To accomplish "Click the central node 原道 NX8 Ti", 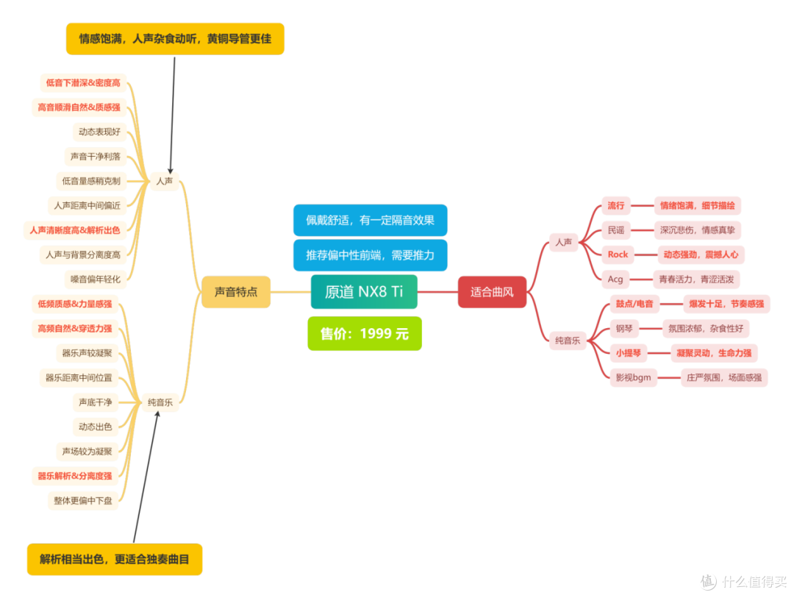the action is click(x=364, y=292).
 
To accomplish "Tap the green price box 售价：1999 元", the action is click(x=365, y=333).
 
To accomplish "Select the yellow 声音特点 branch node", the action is click(x=236, y=292).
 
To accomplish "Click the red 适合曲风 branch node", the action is click(x=492, y=292).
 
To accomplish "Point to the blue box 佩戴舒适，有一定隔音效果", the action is click(x=370, y=221).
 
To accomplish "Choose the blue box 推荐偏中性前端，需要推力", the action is click(x=370, y=255).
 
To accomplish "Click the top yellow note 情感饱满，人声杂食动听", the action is click(x=175, y=38).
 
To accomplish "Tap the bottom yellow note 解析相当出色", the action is click(x=115, y=560).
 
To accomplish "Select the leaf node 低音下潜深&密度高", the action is click(x=83, y=82).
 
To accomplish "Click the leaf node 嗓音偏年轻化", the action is click(x=95, y=280).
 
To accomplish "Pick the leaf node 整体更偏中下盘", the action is click(x=83, y=501).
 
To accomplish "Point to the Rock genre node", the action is click(x=618, y=254).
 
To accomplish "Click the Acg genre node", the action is click(x=615, y=280).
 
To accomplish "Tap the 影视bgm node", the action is click(x=634, y=377).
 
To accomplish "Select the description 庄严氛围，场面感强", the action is click(x=724, y=377).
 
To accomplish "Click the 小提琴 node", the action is click(x=629, y=353).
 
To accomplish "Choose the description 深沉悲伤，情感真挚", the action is click(x=697, y=230).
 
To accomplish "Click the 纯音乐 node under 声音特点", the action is click(x=160, y=402).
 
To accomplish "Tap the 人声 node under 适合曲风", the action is click(x=564, y=242).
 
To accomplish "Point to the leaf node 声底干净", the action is click(x=95, y=402).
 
